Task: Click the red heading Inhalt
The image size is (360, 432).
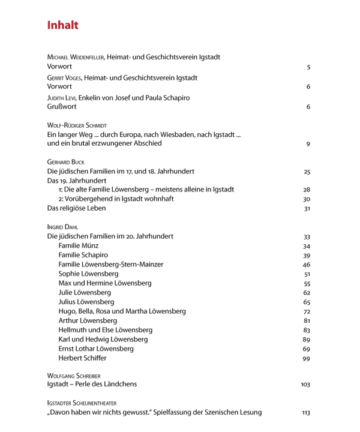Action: click(x=63, y=25)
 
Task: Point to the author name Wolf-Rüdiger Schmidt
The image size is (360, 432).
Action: click(x=76, y=126)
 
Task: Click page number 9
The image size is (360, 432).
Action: click(x=308, y=144)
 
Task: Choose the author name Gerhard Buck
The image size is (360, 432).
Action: click(x=66, y=163)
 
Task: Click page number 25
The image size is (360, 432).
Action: click(x=307, y=172)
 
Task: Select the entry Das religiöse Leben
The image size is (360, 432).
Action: click(x=76, y=208)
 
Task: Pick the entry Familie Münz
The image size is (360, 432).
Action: click(x=79, y=246)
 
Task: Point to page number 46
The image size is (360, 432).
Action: click(x=307, y=265)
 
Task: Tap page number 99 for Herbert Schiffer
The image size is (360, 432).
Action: click(x=307, y=358)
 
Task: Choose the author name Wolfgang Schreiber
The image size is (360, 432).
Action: click(x=74, y=376)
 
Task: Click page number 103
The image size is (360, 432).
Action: click(x=305, y=385)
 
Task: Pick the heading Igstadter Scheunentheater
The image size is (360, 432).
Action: click(x=82, y=403)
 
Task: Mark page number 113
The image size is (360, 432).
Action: click(x=306, y=413)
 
